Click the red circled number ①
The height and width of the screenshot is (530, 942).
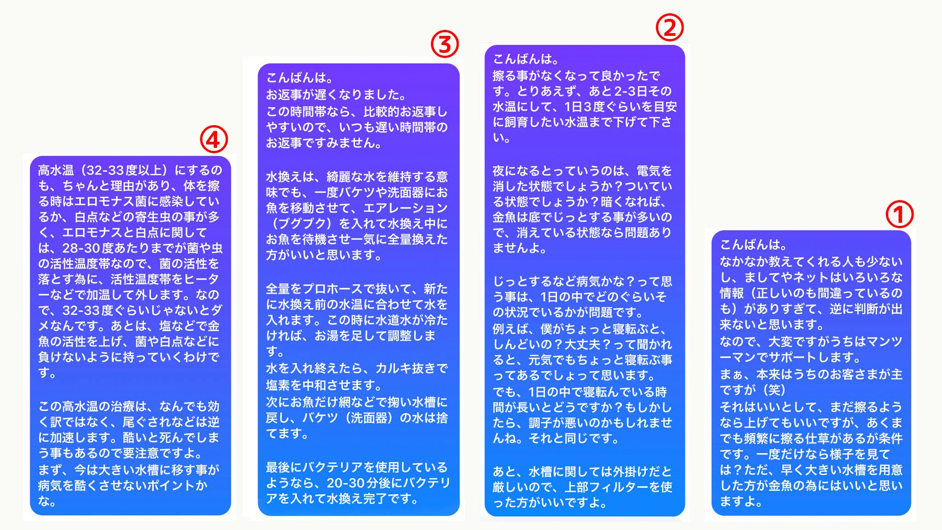[x=899, y=215]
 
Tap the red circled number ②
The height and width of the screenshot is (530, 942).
[x=669, y=28]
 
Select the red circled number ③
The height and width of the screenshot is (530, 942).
[x=444, y=45]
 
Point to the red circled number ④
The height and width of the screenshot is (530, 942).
[x=214, y=139]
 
